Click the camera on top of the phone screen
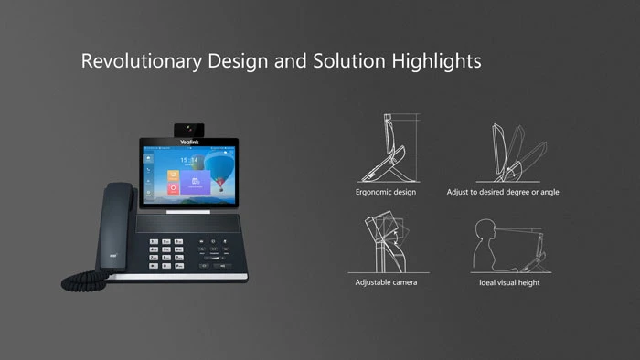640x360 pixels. (x=189, y=129)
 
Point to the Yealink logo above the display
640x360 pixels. (x=188, y=143)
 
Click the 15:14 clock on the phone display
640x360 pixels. (x=188, y=160)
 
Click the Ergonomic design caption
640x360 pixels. (x=385, y=193)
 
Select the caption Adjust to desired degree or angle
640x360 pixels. (x=503, y=193)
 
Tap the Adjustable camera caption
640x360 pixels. (x=386, y=282)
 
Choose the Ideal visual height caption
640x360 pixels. (x=509, y=282)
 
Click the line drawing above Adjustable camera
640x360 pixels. (x=386, y=239)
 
